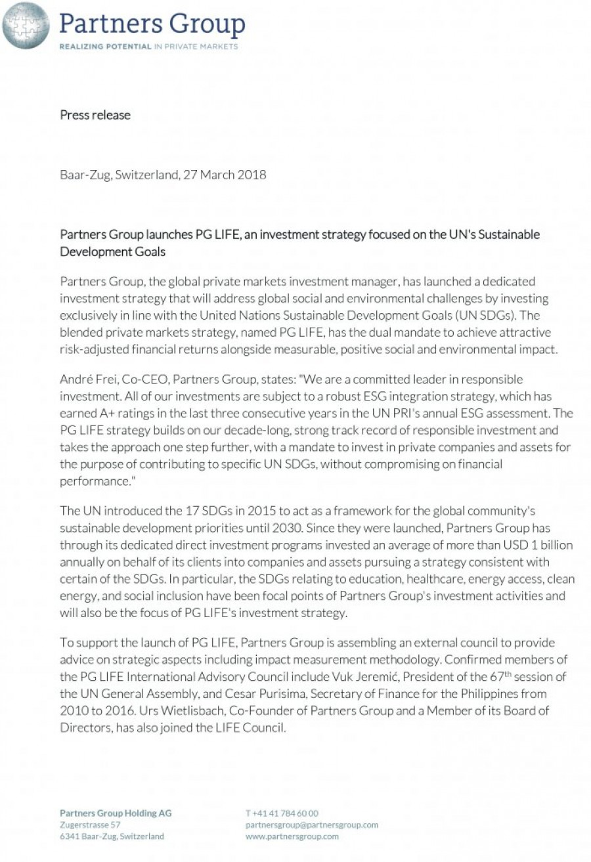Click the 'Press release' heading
click(x=95, y=115)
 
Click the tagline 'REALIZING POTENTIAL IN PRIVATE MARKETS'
click(x=148, y=47)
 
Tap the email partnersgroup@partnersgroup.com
click(x=312, y=825)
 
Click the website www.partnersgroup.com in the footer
click(x=292, y=836)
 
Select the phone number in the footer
click(x=282, y=813)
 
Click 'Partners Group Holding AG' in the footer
click(x=116, y=813)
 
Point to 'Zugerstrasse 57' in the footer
click(x=90, y=825)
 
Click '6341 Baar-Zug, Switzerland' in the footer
click(x=112, y=836)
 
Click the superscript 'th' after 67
click(x=508, y=674)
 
